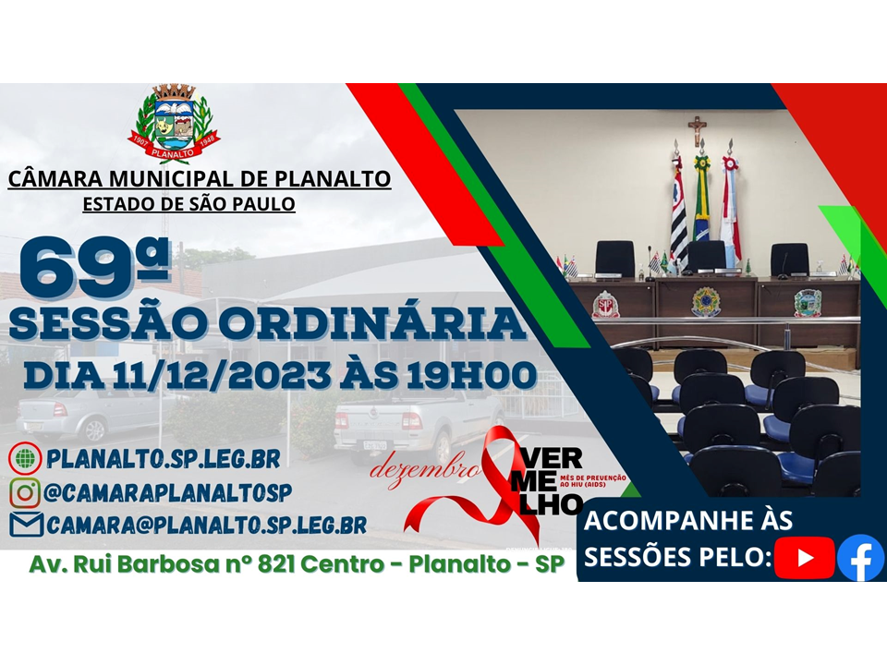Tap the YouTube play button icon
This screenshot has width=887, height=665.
pos(804,557)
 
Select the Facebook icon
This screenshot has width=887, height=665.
pos(861,558)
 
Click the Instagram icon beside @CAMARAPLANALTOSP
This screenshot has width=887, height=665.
pos(25,490)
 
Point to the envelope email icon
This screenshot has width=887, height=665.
pos(26,525)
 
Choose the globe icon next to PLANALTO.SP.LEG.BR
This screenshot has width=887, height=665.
pos(25,457)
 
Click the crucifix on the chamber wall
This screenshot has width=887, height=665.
pos(698,130)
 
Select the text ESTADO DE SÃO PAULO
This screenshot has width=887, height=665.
pos(189,203)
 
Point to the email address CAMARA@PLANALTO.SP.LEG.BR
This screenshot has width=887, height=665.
pos(206,525)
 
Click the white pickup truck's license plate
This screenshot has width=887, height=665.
pos(375,445)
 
